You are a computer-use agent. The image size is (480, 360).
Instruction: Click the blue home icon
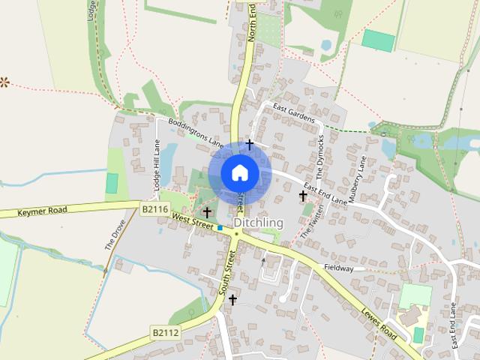pos(240,172)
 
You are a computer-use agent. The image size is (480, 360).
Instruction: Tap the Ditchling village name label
pos(259,223)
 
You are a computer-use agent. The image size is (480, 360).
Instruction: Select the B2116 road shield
pos(154,209)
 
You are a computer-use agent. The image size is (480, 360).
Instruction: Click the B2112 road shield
pos(165,331)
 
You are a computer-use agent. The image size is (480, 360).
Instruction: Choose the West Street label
pos(192,219)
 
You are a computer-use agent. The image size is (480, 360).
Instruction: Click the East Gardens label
pos(294,113)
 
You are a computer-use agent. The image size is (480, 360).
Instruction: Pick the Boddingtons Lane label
pos(196,131)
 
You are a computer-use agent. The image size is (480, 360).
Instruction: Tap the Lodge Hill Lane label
pos(157,165)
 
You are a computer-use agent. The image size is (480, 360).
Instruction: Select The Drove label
pos(111,236)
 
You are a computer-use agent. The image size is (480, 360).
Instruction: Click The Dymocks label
pos(320,154)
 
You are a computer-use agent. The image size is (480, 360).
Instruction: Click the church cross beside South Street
pos(232,300)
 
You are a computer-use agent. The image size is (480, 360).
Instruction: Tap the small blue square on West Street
pos(220,227)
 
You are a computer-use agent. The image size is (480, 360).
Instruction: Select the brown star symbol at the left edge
pos(4,80)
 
